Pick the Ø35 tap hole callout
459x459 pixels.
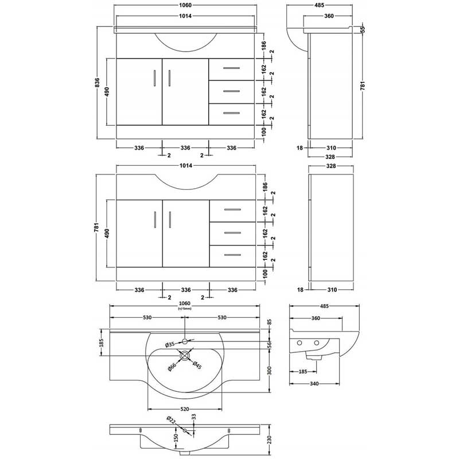pyautogui.click(x=170, y=344)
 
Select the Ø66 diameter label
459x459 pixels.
pyautogui.click(x=172, y=367)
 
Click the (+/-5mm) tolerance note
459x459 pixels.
pyautogui.click(x=184, y=309)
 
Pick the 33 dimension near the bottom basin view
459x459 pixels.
pyautogui.click(x=193, y=417)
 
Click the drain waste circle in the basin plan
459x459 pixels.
pyautogui.click(x=185, y=356)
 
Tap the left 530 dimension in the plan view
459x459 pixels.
pyautogui.click(x=147, y=318)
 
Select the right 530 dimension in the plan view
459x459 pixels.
pyautogui.click(x=222, y=318)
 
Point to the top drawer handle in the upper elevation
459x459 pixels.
pyautogui.click(x=231, y=68)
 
